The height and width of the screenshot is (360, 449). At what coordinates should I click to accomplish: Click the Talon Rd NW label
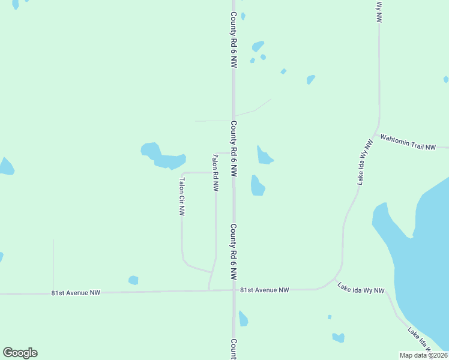click(x=215, y=173)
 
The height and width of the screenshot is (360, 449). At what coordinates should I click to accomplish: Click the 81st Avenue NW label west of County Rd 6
click(x=76, y=293)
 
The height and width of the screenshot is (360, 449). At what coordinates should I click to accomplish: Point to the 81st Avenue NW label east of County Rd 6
click(x=265, y=290)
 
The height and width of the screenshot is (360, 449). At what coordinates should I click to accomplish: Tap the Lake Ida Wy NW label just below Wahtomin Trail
click(x=364, y=163)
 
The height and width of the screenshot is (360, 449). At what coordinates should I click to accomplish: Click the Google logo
click(x=20, y=353)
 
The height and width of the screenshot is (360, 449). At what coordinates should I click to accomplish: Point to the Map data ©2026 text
click(x=423, y=355)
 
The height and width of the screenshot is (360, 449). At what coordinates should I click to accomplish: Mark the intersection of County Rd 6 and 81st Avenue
click(x=234, y=290)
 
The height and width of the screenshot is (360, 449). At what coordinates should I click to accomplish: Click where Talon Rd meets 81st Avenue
click(x=209, y=291)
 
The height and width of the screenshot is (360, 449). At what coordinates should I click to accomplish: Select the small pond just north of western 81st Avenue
click(x=133, y=280)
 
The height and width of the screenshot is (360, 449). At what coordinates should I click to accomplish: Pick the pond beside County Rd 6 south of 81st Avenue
click(x=243, y=319)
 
